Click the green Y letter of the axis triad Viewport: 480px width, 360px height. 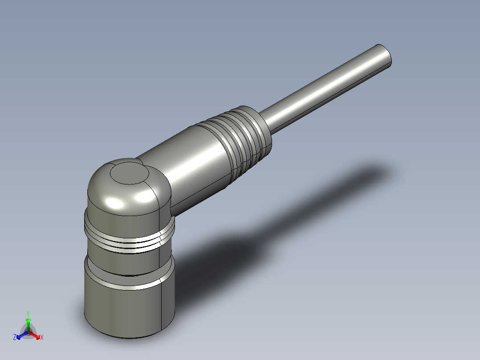pyautogui.click(x=28, y=313)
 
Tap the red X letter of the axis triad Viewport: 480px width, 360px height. pyautogui.click(x=42, y=338)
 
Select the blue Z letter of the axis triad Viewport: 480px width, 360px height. pyautogui.click(x=15, y=338)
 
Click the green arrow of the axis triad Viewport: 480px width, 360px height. pyautogui.click(x=28, y=323)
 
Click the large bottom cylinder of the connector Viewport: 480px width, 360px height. pyautogui.click(x=125, y=307)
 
